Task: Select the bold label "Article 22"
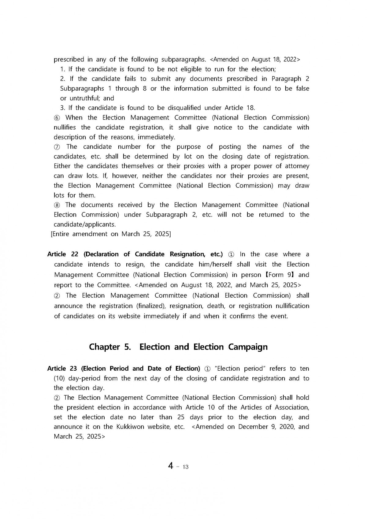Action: pyautogui.click(x=63, y=254)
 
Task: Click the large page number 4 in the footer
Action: pyautogui.click(x=171, y=466)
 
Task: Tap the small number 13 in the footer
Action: pyautogui.click(x=185, y=467)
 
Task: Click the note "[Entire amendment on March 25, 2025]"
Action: pyautogui.click(x=111, y=234)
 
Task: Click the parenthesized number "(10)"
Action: pyautogui.click(x=59, y=378)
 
